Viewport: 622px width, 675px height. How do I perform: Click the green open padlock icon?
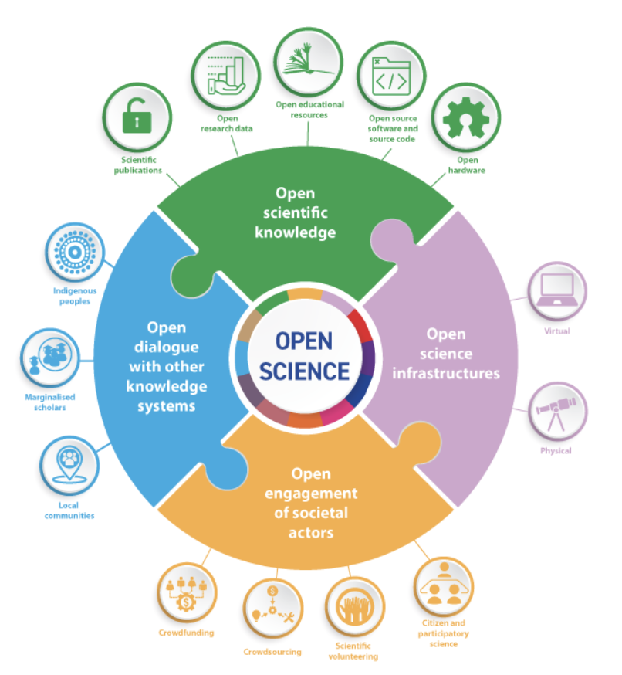pos(134,118)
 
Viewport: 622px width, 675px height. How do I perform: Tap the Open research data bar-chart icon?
pos(223,76)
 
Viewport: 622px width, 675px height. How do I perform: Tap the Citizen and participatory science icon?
pos(444,586)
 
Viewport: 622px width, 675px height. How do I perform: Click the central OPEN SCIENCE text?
pos(305,356)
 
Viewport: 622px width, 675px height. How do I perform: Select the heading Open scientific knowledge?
pos(306,212)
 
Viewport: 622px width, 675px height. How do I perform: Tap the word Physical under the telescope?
pos(556,450)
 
